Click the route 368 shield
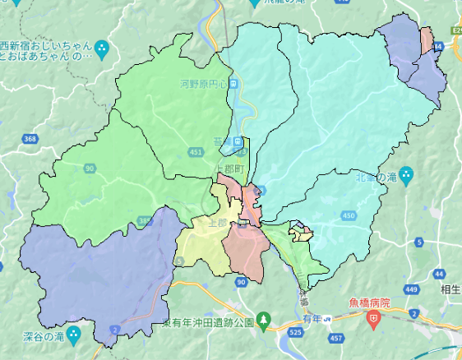click(x=30, y=139)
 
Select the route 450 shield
click(x=349, y=215)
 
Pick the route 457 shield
click(x=335, y=338)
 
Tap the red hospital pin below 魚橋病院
click(x=373, y=316)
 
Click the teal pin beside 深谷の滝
click(x=75, y=335)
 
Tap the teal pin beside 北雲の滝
click(x=409, y=176)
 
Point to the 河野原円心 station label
click(x=203, y=83)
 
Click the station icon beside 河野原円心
click(x=233, y=83)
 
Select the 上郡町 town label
click(x=229, y=168)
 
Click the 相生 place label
click(x=450, y=290)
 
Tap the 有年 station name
click(x=310, y=318)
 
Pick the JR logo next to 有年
click(x=327, y=318)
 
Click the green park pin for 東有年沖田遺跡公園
click(x=263, y=318)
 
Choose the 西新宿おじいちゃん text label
click(x=50, y=45)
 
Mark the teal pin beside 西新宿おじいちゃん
click(x=103, y=48)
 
